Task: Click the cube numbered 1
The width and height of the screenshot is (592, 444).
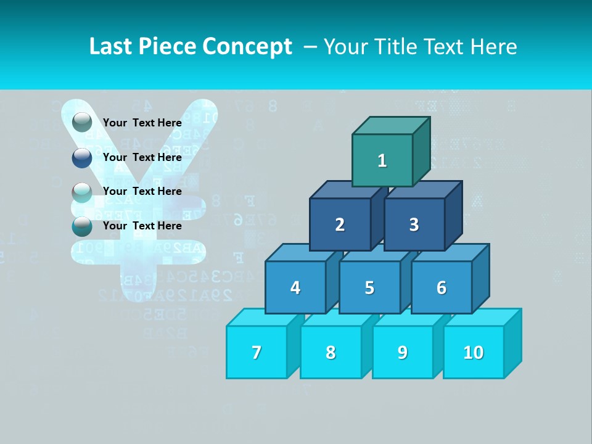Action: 382,160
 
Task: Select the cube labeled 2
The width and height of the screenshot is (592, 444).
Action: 340,224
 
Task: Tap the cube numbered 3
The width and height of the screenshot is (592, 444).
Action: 414,224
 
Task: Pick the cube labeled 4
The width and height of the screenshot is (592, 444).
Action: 295,287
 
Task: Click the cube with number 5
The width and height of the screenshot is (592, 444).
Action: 369,287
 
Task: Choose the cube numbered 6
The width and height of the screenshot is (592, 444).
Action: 442,287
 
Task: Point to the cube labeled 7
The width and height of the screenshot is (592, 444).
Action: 257,352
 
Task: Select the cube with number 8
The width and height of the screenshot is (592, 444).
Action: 331,352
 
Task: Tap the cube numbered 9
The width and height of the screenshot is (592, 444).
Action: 403,352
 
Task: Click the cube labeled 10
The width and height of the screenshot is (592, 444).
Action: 474,352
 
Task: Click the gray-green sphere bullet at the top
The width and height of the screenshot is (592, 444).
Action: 82,123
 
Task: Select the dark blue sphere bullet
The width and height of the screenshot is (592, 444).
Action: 82,158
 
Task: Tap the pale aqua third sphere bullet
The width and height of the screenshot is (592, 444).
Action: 82,192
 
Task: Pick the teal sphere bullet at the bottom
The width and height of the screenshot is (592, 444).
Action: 82,226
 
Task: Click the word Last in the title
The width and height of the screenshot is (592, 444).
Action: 111,46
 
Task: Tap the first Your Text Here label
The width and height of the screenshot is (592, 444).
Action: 142,123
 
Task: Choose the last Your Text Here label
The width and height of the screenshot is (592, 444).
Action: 142,226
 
